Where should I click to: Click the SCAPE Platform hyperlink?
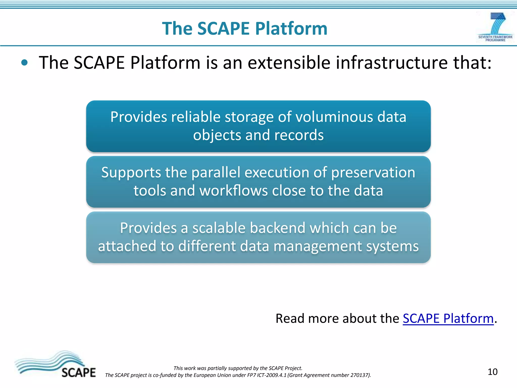448,318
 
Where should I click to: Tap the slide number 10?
492,372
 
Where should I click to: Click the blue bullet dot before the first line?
24,63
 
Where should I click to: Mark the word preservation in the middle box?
373,173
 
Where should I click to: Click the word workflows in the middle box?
234,190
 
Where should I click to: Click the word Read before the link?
290,318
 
